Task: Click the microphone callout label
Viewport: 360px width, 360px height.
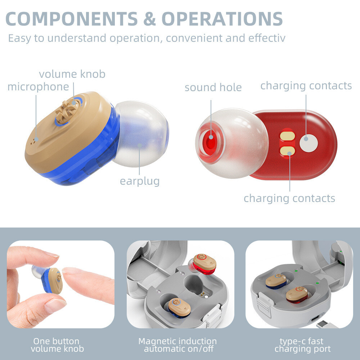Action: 38,87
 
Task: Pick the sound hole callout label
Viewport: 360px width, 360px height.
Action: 213,87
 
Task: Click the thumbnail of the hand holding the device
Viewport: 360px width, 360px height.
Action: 60,284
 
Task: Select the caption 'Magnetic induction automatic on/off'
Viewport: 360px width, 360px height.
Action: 177,345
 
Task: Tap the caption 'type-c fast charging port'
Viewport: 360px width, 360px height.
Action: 302,345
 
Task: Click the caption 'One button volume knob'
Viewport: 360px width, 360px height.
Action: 57,345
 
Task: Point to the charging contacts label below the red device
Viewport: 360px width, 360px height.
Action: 289,198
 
